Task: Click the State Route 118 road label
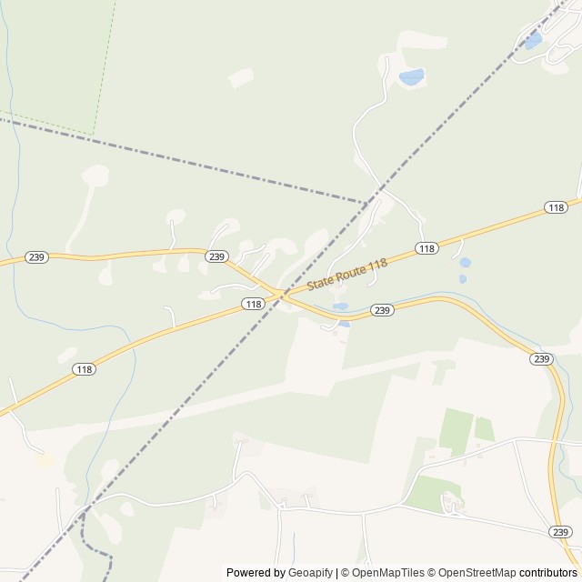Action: pyautogui.click(x=347, y=274)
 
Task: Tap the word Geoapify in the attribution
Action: pyautogui.click(x=311, y=573)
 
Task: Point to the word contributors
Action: pyautogui.click(x=548, y=573)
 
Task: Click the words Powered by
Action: pyautogui.click(x=256, y=573)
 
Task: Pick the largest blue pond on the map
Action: pyautogui.click(x=411, y=77)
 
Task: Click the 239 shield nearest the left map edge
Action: pyautogui.click(x=36, y=257)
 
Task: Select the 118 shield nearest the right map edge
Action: pyautogui.click(x=557, y=208)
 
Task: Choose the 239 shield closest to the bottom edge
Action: pyautogui.click(x=560, y=532)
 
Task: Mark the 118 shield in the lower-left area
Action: pyautogui.click(x=85, y=369)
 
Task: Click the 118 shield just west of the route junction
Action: pyautogui.click(x=253, y=304)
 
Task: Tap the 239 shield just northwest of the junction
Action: pyautogui.click(x=216, y=256)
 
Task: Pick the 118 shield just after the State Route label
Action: pyautogui.click(x=426, y=248)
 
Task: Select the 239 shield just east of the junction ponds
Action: pyautogui.click(x=382, y=311)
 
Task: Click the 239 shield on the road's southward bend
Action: pyautogui.click(x=541, y=359)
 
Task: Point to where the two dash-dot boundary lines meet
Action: pyautogui.click(x=368, y=202)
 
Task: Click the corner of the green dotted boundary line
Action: pyautogui.click(x=94, y=135)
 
